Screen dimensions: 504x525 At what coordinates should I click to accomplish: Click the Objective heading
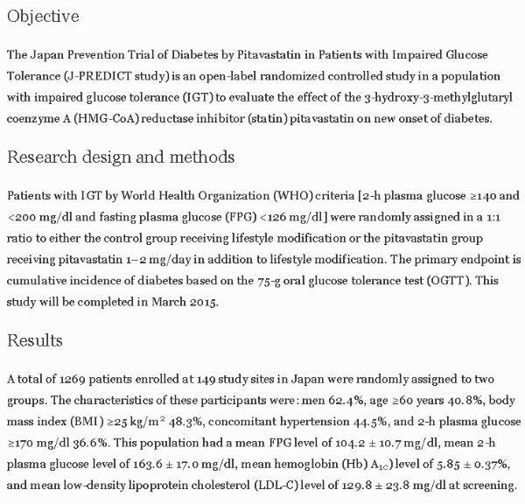(43, 17)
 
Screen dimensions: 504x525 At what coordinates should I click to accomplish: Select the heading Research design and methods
(121, 157)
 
